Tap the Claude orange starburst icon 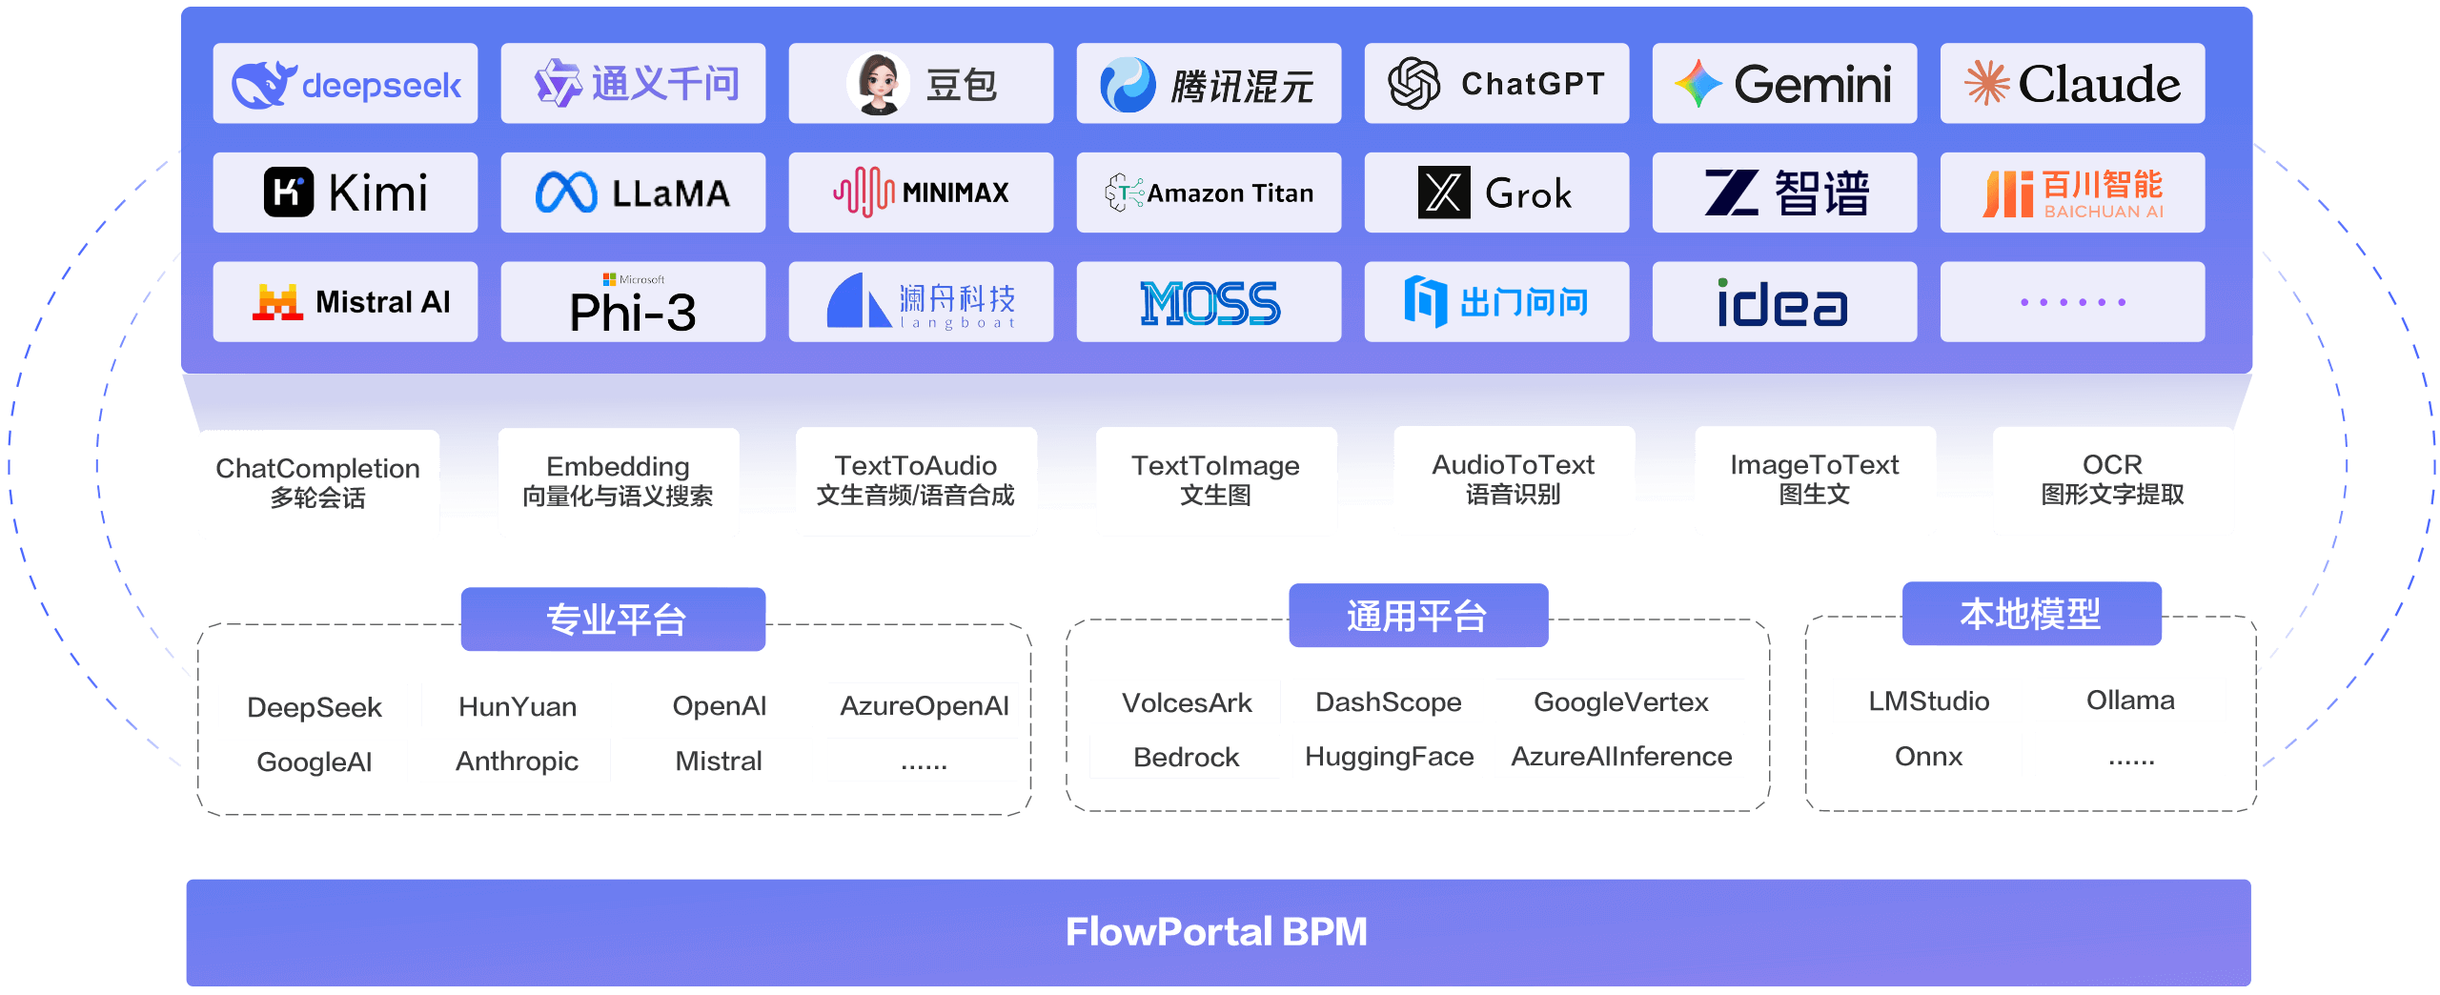click(1986, 83)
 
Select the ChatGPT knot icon click(1413, 83)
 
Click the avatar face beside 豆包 click(878, 83)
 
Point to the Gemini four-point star click(1698, 84)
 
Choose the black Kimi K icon click(288, 193)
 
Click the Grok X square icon click(1444, 193)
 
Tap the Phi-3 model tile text click(633, 311)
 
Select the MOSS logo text click(1210, 303)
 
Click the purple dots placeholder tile click(2072, 302)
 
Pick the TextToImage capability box click(1215, 480)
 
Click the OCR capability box click(2112, 480)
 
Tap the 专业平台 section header click(614, 619)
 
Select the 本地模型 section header click(2031, 614)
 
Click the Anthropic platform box click(516, 761)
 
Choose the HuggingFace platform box click(1388, 756)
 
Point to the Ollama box click(2130, 700)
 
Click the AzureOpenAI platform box click(923, 705)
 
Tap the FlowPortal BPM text click(1216, 931)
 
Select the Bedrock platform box click(1185, 757)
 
